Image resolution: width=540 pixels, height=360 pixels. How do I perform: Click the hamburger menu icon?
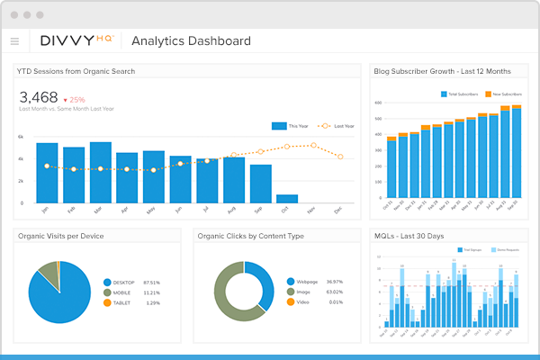coord(14,40)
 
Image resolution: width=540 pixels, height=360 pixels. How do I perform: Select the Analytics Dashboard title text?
coord(191,40)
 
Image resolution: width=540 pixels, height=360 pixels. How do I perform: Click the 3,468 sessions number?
coord(39,98)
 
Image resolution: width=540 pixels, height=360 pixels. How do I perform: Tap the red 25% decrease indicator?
coord(74,99)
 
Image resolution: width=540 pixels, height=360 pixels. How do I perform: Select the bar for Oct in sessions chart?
coord(287,198)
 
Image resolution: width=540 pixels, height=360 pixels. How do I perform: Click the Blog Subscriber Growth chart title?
coord(443,70)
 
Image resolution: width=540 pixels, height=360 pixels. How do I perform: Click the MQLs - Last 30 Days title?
coord(410,236)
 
